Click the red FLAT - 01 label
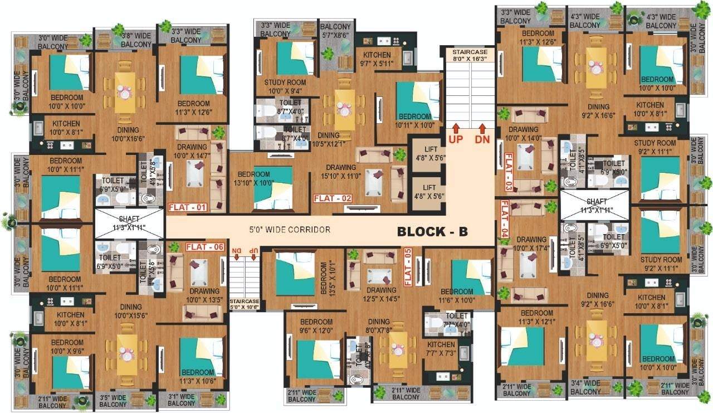pos(188,208)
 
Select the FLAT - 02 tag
pos(333,198)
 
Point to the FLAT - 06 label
pos(204,247)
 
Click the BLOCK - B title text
pos(432,232)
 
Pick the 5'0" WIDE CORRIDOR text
pos(290,230)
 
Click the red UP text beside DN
pos(456,139)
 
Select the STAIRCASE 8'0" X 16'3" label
pos(470,55)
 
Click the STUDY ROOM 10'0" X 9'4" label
pos(285,86)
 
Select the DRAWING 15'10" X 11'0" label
pos(341,172)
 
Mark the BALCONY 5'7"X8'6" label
pos(335,30)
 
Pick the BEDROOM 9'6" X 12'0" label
pos(316,326)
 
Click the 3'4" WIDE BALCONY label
pos(585,387)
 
